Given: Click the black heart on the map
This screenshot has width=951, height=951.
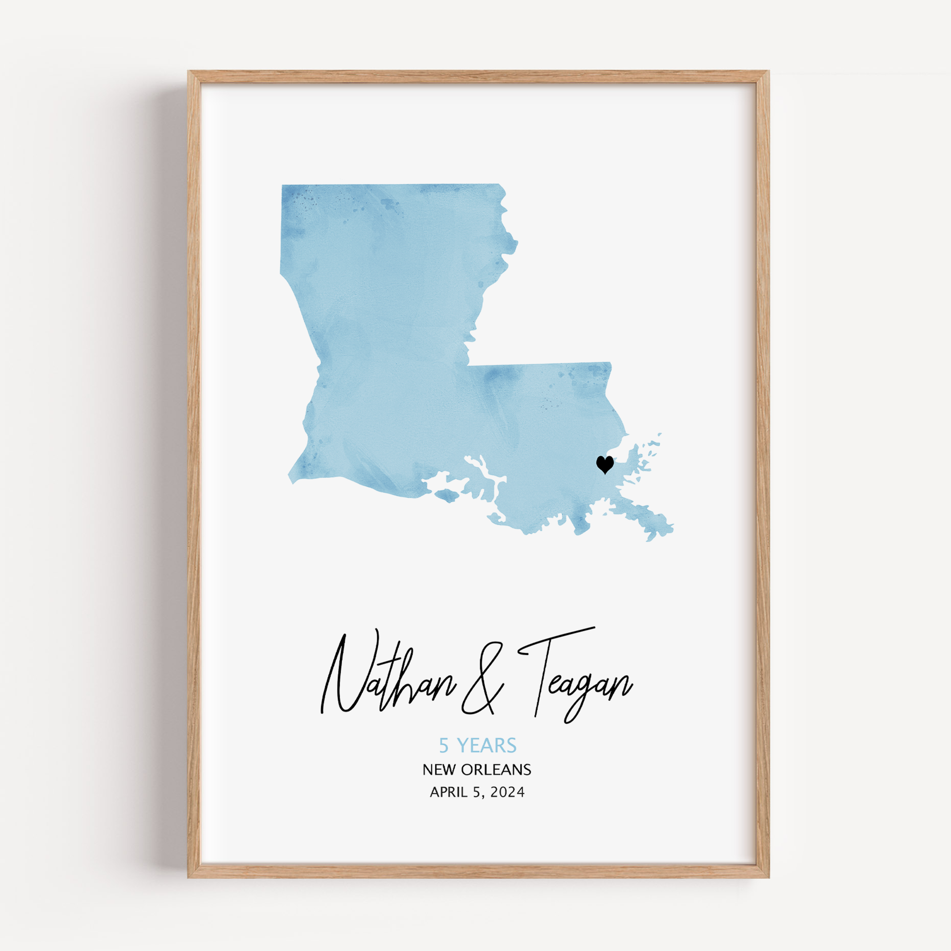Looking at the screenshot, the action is click(604, 464).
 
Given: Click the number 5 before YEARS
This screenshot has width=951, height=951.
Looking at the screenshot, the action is click(444, 746).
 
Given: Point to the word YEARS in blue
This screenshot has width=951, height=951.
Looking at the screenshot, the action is click(487, 746).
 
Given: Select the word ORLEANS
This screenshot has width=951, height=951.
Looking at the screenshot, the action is click(496, 770).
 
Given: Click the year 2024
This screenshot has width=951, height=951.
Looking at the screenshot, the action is click(507, 793).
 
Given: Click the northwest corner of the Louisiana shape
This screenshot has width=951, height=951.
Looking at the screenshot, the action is click(282, 186).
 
